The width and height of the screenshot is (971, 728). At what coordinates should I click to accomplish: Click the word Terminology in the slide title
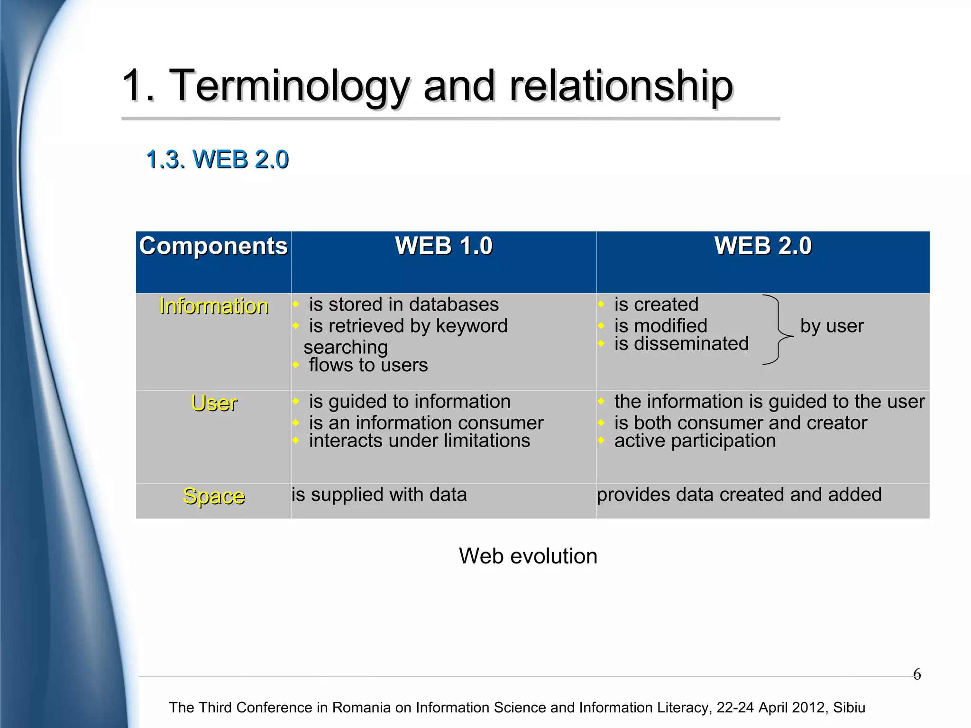(x=289, y=86)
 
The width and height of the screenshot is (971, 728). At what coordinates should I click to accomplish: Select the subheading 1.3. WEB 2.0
(x=217, y=159)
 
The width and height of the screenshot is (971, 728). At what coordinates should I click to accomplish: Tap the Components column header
(x=213, y=246)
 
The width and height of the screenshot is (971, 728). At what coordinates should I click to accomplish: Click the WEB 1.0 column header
(x=444, y=246)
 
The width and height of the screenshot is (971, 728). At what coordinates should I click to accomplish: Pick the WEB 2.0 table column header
(x=763, y=246)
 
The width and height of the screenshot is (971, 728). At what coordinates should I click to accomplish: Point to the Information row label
(x=214, y=306)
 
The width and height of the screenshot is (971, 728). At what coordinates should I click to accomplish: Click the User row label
(x=214, y=404)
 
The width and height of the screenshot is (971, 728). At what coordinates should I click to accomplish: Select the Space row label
(x=214, y=497)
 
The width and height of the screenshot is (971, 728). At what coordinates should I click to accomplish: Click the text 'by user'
(x=832, y=326)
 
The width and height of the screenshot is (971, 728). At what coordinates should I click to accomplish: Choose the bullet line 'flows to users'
(x=368, y=365)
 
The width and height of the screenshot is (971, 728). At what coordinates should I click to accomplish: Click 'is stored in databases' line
(x=403, y=304)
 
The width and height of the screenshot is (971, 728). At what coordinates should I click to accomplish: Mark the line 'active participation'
(x=695, y=441)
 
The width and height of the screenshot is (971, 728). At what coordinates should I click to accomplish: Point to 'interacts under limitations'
(x=419, y=441)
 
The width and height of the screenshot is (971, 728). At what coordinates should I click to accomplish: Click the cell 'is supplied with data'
(x=379, y=495)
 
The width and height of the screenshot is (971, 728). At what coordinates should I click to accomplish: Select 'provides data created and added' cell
(x=739, y=495)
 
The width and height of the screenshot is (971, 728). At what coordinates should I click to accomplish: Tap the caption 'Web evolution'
(x=528, y=556)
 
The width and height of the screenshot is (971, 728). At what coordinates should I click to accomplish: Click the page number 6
(x=917, y=674)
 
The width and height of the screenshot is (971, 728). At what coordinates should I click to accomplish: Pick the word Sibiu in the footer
(x=849, y=707)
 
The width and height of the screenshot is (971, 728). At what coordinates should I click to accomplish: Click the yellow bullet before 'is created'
(x=601, y=304)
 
